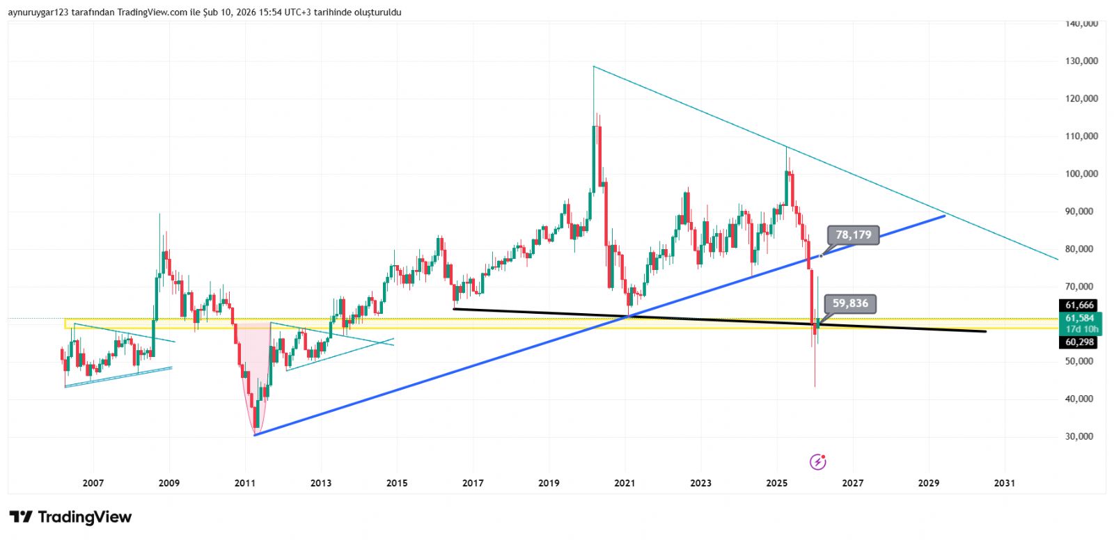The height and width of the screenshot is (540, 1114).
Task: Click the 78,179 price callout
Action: pyautogui.click(x=853, y=235)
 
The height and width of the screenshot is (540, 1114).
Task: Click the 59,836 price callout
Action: pyautogui.click(x=850, y=303)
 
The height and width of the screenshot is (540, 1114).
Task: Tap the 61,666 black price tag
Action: pyautogui.click(x=1079, y=305)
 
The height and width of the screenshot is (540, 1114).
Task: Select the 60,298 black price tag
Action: pyautogui.click(x=1079, y=342)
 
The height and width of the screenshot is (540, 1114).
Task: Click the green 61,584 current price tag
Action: pyautogui.click(x=1079, y=319)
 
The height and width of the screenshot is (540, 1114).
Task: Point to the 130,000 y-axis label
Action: pyautogui.click(x=1081, y=61)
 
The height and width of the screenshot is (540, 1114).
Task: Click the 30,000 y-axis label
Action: pyautogui.click(x=1081, y=437)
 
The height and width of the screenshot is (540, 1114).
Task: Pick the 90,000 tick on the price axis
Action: pyautogui.click(x=1081, y=212)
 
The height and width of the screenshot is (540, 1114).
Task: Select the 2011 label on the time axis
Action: pyautogui.click(x=245, y=484)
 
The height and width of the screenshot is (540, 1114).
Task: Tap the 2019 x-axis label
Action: pyautogui.click(x=549, y=484)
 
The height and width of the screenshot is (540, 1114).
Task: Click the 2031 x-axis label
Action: pyautogui.click(x=1004, y=484)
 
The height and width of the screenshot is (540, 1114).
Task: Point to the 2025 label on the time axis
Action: pyautogui.click(x=776, y=484)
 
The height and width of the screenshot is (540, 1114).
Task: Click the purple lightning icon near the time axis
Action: pyautogui.click(x=818, y=461)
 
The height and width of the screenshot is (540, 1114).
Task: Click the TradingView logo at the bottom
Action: pyautogui.click(x=70, y=517)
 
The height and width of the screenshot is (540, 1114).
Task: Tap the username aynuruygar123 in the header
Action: pyautogui.click(x=38, y=13)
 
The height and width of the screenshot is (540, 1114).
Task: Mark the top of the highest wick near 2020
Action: pyautogui.click(x=593, y=67)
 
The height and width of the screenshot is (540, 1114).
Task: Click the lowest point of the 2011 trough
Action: pyautogui.click(x=255, y=434)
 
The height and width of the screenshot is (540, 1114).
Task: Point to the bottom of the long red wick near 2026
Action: pyautogui.click(x=815, y=386)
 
